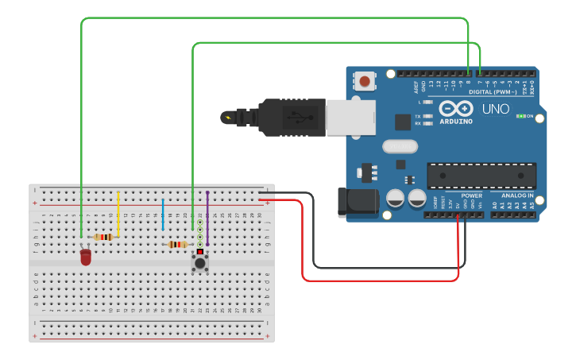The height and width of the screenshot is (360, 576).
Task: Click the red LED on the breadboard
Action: click(86, 257)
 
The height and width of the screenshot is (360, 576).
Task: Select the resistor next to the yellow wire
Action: click(102, 237)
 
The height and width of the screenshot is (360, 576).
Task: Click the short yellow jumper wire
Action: click(118, 213)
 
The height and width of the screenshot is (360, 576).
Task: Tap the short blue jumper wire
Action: click(163, 215)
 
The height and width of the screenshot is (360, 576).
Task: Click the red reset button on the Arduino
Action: click(365, 80)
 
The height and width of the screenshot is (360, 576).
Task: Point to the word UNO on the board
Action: click(496, 110)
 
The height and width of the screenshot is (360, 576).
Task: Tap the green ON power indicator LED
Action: click(520, 116)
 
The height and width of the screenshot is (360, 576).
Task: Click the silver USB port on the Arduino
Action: click(350, 118)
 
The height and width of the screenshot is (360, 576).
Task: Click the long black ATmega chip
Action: click(481, 176)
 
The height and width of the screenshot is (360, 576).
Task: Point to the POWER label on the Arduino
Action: click(471, 195)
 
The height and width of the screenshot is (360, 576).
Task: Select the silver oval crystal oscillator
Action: click(399, 146)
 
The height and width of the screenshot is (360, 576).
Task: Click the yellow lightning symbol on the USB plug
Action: click(230, 118)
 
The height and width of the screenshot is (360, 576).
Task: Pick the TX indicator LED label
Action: click(419, 117)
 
